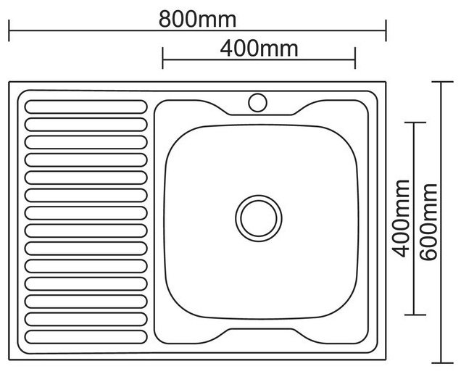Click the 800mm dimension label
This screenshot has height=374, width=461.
pyautogui.click(x=197, y=19)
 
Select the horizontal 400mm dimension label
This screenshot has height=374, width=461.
pyautogui.click(x=259, y=49)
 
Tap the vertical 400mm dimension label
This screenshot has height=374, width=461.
pyautogui.click(x=399, y=218)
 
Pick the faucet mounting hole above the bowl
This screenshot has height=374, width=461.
pyautogui.click(x=257, y=102)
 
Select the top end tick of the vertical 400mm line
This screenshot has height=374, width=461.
pyautogui.click(x=414, y=123)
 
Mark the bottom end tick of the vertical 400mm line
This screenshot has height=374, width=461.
pyautogui.click(x=414, y=315)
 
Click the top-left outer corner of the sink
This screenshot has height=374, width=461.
pyautogui.click(x=10, y=83)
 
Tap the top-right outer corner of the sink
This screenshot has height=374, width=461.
pyautogui.click(x=386, y=83)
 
